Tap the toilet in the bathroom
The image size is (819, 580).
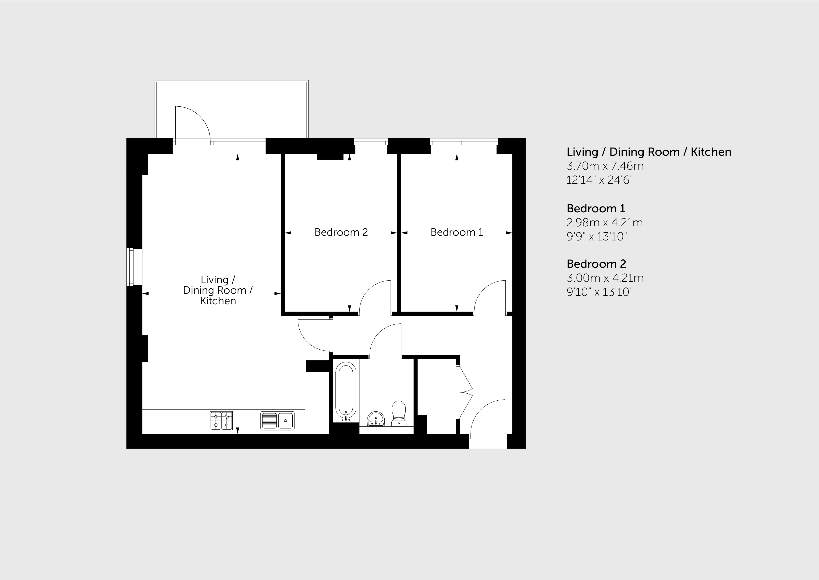(399, 413)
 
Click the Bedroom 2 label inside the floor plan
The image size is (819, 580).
(341, 232)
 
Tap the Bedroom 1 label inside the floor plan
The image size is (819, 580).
(457, 232)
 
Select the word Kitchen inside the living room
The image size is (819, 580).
(218, 301)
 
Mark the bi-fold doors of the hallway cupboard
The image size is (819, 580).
(465, 391)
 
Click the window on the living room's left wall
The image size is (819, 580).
(135, 267)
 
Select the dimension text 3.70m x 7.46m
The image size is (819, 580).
(605, 166)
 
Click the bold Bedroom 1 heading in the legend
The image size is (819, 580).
(596, 208)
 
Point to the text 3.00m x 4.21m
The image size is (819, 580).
(605, 278)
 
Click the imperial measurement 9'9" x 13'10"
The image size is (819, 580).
(597, 236)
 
